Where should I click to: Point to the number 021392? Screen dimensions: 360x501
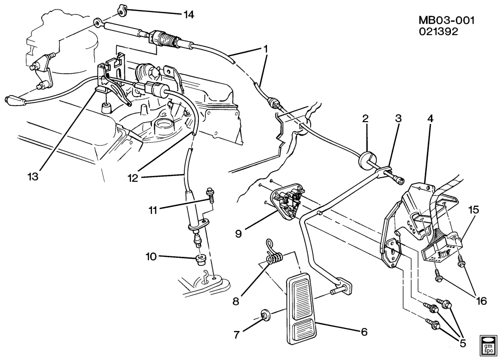tap(439, 32)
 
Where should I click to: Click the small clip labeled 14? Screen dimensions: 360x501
tap(123, 10)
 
